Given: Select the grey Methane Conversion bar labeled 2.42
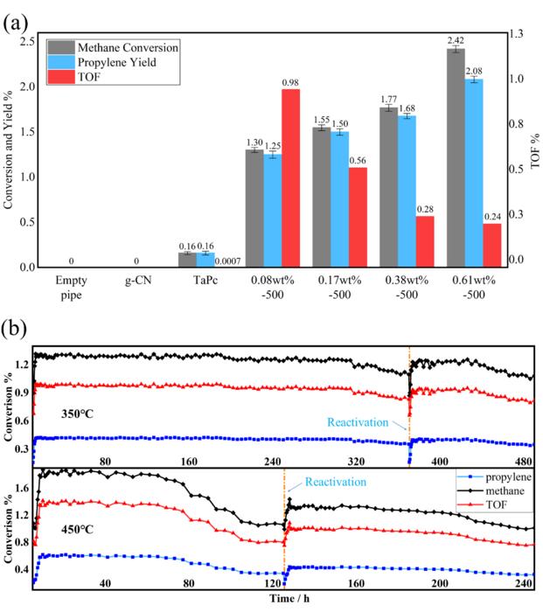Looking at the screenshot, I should [x=456, y=157].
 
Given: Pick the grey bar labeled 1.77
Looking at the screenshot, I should [x=389, y=187].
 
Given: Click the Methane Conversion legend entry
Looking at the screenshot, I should [x=126, y=46].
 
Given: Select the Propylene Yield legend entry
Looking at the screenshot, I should [x=122, y=63].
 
